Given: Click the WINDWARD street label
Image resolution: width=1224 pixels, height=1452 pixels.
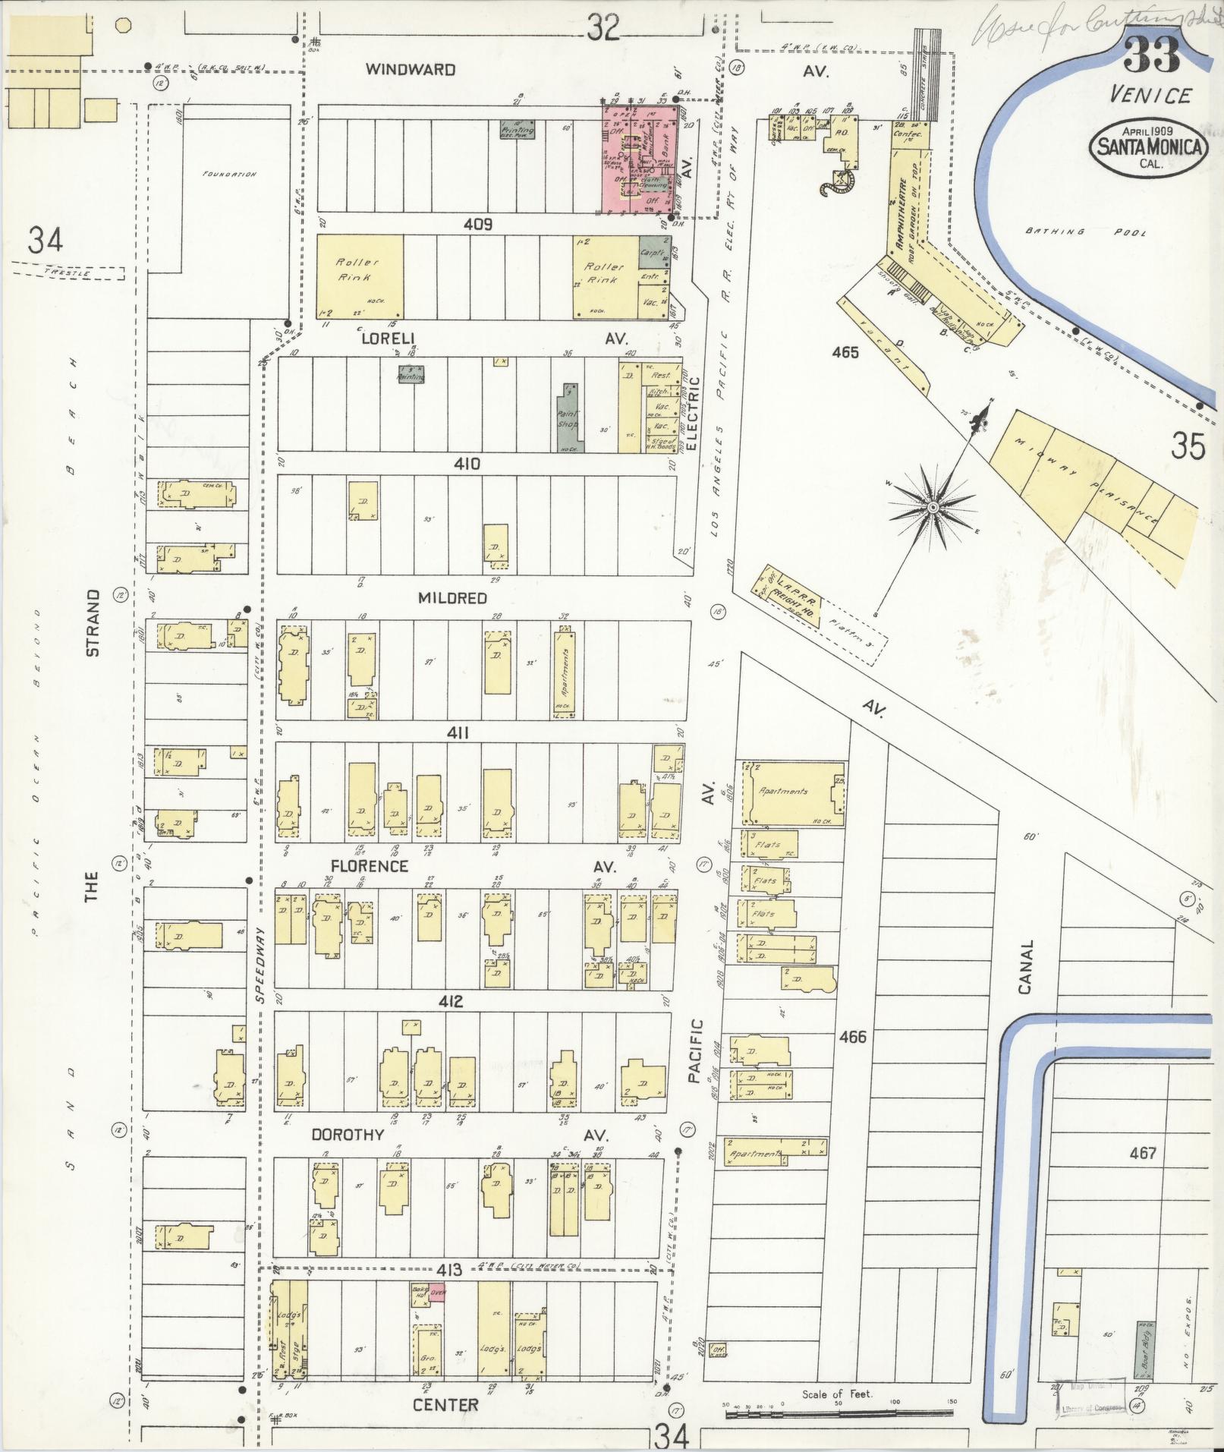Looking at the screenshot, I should tap(410, 70).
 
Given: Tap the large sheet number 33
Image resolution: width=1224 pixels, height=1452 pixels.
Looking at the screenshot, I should tap(1151, 53).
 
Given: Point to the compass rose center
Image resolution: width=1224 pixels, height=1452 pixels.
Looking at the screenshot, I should tap(933, 506).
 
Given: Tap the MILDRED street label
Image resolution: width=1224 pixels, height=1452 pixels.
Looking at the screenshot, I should tap(452, 598).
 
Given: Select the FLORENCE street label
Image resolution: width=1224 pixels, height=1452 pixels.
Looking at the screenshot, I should tap(369, 866).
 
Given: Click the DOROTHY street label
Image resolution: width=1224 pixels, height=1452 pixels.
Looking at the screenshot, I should tap(348, 1135).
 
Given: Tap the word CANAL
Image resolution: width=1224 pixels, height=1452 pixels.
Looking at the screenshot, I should tap(1026, 968).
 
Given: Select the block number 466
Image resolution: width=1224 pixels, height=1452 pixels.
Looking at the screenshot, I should tap(853, 1036).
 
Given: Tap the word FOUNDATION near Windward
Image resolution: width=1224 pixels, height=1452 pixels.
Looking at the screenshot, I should tap(229, 174).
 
